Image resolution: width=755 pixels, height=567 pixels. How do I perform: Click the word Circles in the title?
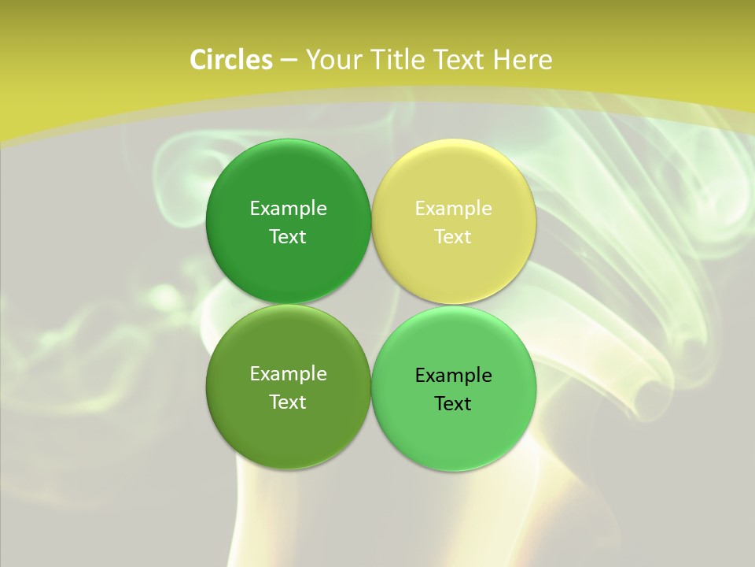tap(231, 60)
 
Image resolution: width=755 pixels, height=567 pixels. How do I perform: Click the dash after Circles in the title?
tap(289, 61)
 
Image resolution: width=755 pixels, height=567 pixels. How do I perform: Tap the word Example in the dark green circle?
tap(288, 208)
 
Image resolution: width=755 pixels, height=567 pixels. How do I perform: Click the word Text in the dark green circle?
tap(288, 236)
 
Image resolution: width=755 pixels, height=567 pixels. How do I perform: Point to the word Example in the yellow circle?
tap(454, 208)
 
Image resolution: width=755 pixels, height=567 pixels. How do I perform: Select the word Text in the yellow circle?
tap(454, 236)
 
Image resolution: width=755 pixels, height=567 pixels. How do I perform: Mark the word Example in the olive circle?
tap(288, 373)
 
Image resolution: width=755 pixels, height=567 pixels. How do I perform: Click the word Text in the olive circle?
tap(288, 402)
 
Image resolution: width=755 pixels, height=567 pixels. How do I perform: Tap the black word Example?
tap(454, 375)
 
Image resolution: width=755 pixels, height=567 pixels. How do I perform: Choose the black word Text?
tap(454, 403)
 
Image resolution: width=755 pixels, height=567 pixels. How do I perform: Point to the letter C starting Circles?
tap(198, 60)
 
